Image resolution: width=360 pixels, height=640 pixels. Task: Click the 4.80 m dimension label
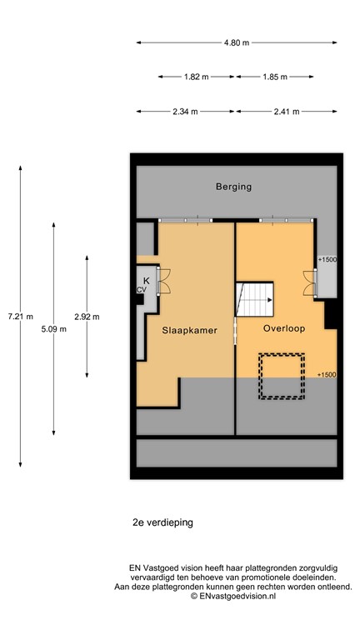click(236, 42)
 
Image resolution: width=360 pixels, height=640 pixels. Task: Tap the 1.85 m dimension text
click(274, 77)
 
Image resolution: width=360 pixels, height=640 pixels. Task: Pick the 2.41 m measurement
click(286, 111)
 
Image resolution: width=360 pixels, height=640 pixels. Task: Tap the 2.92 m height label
click(87, 316)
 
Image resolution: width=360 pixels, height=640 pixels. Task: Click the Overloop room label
click(283, 328)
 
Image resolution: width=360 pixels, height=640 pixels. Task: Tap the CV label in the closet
click(142, 289)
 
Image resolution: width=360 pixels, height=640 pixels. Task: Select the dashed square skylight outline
click(281, 377)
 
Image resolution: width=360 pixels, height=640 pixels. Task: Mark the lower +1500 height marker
click(327, 375)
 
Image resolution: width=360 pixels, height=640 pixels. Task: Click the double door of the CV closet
click(163, 281)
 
